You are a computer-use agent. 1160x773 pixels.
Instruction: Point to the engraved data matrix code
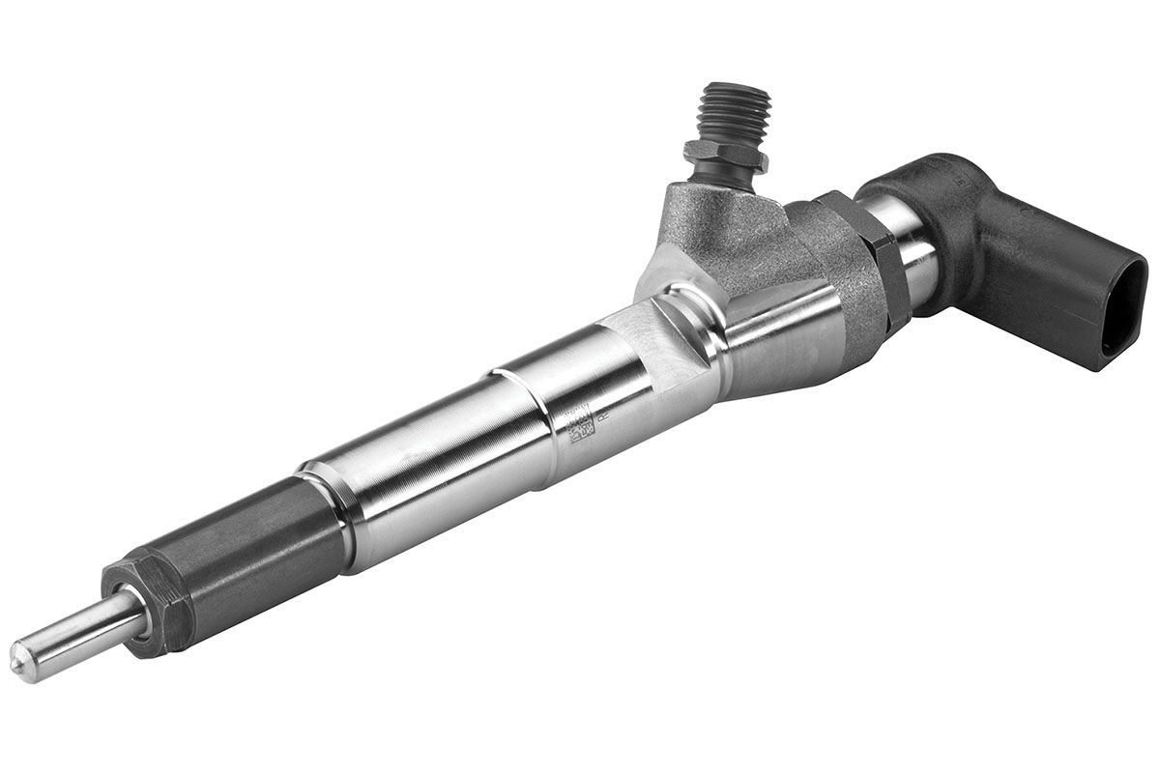(x=578, y=425)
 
